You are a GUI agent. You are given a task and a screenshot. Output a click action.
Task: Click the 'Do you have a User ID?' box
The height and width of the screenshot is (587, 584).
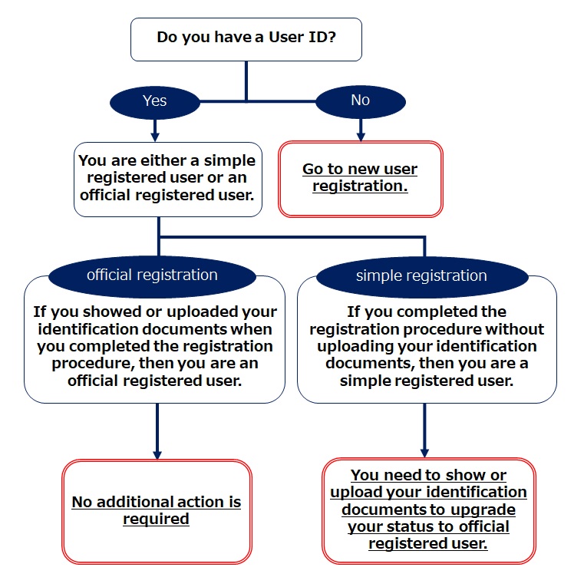tap(246, 38)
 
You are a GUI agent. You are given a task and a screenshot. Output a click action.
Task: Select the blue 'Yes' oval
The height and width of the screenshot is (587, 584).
tap(155, 101)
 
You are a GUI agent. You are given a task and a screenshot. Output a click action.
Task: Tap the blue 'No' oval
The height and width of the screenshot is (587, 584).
tap(359, 101)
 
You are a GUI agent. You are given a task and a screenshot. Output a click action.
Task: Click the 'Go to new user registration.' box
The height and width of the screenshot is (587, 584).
tap(360, 178)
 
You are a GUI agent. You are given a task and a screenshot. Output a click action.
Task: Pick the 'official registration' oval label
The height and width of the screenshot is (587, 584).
tap(152, 275)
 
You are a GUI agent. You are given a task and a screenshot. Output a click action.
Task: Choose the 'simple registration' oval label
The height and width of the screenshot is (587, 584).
tap(421, 275)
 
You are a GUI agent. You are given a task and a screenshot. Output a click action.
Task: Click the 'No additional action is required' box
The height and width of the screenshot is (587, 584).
tap(157, 511)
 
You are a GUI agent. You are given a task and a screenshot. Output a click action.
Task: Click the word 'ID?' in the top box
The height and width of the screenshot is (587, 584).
tap(320, 37)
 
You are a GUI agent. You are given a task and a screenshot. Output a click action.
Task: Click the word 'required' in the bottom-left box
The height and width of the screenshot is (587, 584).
tap(156, 519)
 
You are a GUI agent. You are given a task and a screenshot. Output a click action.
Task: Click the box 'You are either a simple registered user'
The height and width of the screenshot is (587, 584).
tap(167, 179)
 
